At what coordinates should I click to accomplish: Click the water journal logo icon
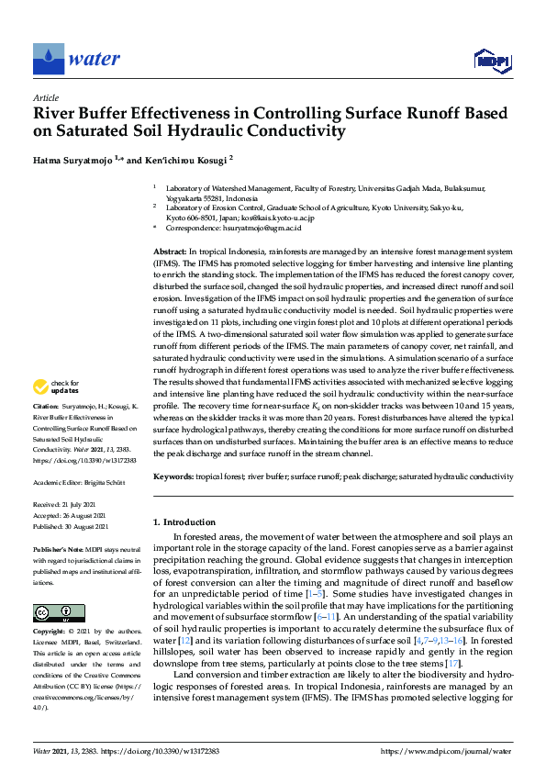[x=49, y=59]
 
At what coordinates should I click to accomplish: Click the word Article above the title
[x=45, y=97]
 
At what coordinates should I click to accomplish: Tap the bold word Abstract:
[x=171, y=252]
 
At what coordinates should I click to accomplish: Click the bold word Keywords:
[x=174, y=476]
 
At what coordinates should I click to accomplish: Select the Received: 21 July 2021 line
[x=71, y=505]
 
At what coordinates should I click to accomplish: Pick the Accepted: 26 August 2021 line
[x=73, y=516]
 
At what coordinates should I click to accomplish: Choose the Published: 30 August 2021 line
[x=74, y=527]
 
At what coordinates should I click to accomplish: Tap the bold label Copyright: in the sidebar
[x=50, y=633]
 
